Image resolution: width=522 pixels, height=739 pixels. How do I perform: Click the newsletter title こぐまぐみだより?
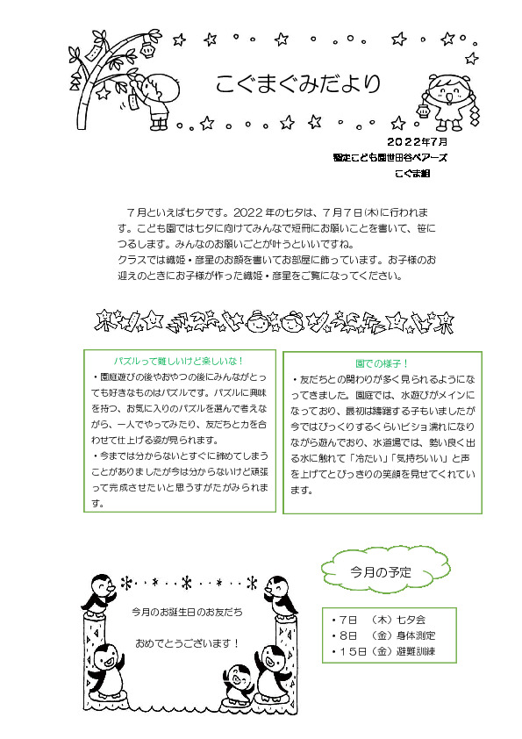298,84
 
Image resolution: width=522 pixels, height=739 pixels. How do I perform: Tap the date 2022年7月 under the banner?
417,141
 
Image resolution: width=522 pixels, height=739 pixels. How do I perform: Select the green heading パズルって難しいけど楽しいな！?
179,362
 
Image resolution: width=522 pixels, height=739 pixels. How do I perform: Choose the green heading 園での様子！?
383,362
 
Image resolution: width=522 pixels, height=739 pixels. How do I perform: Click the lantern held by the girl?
422,111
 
